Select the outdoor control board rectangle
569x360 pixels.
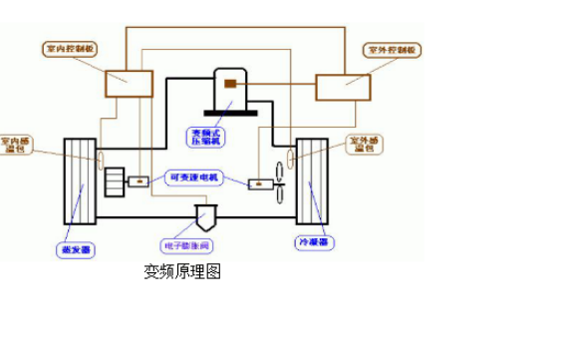tap(342, 87)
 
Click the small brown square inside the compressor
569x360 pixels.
tap(229, 84)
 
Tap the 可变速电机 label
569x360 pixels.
tap(196, 179)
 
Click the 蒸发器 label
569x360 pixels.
tap(75, 248)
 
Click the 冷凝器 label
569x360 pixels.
tap(313, 242)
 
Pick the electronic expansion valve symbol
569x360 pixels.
tap(209, 214)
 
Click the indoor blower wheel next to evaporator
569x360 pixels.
tap(114, 181)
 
